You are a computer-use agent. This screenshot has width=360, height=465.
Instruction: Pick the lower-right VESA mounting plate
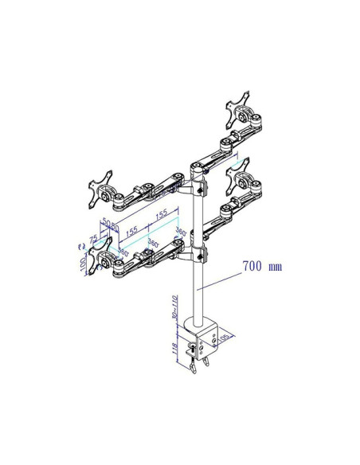tap(239, 177)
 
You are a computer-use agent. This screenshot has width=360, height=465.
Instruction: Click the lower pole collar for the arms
tap(198, 254)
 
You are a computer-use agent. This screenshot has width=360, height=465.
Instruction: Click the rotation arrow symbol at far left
tap(79, 245)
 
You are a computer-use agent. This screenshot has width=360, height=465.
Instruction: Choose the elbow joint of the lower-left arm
tap(145, 256)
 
